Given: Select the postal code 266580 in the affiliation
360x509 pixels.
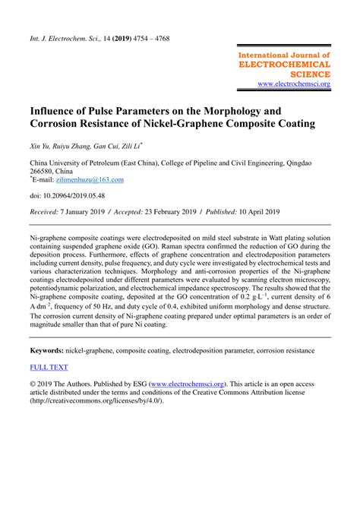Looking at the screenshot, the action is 44,171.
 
